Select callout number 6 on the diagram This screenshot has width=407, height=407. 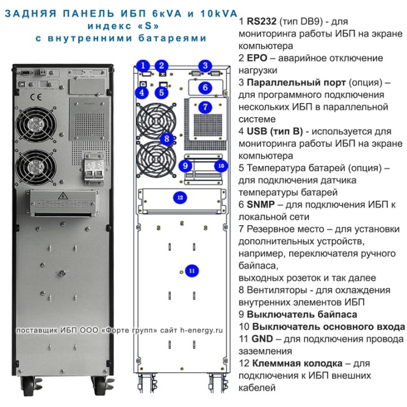(x=206, y=87)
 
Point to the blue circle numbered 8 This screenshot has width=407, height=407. (x=165, y=139)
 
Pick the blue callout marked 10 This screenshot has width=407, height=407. (x=221, y=165)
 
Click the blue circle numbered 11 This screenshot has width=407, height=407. (x=192, y=270)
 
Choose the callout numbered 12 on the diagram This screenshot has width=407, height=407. (x=179, y=197)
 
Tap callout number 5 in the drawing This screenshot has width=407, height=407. (x=161, y=93)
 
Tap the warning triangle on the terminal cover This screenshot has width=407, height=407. (x=62, y=196)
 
